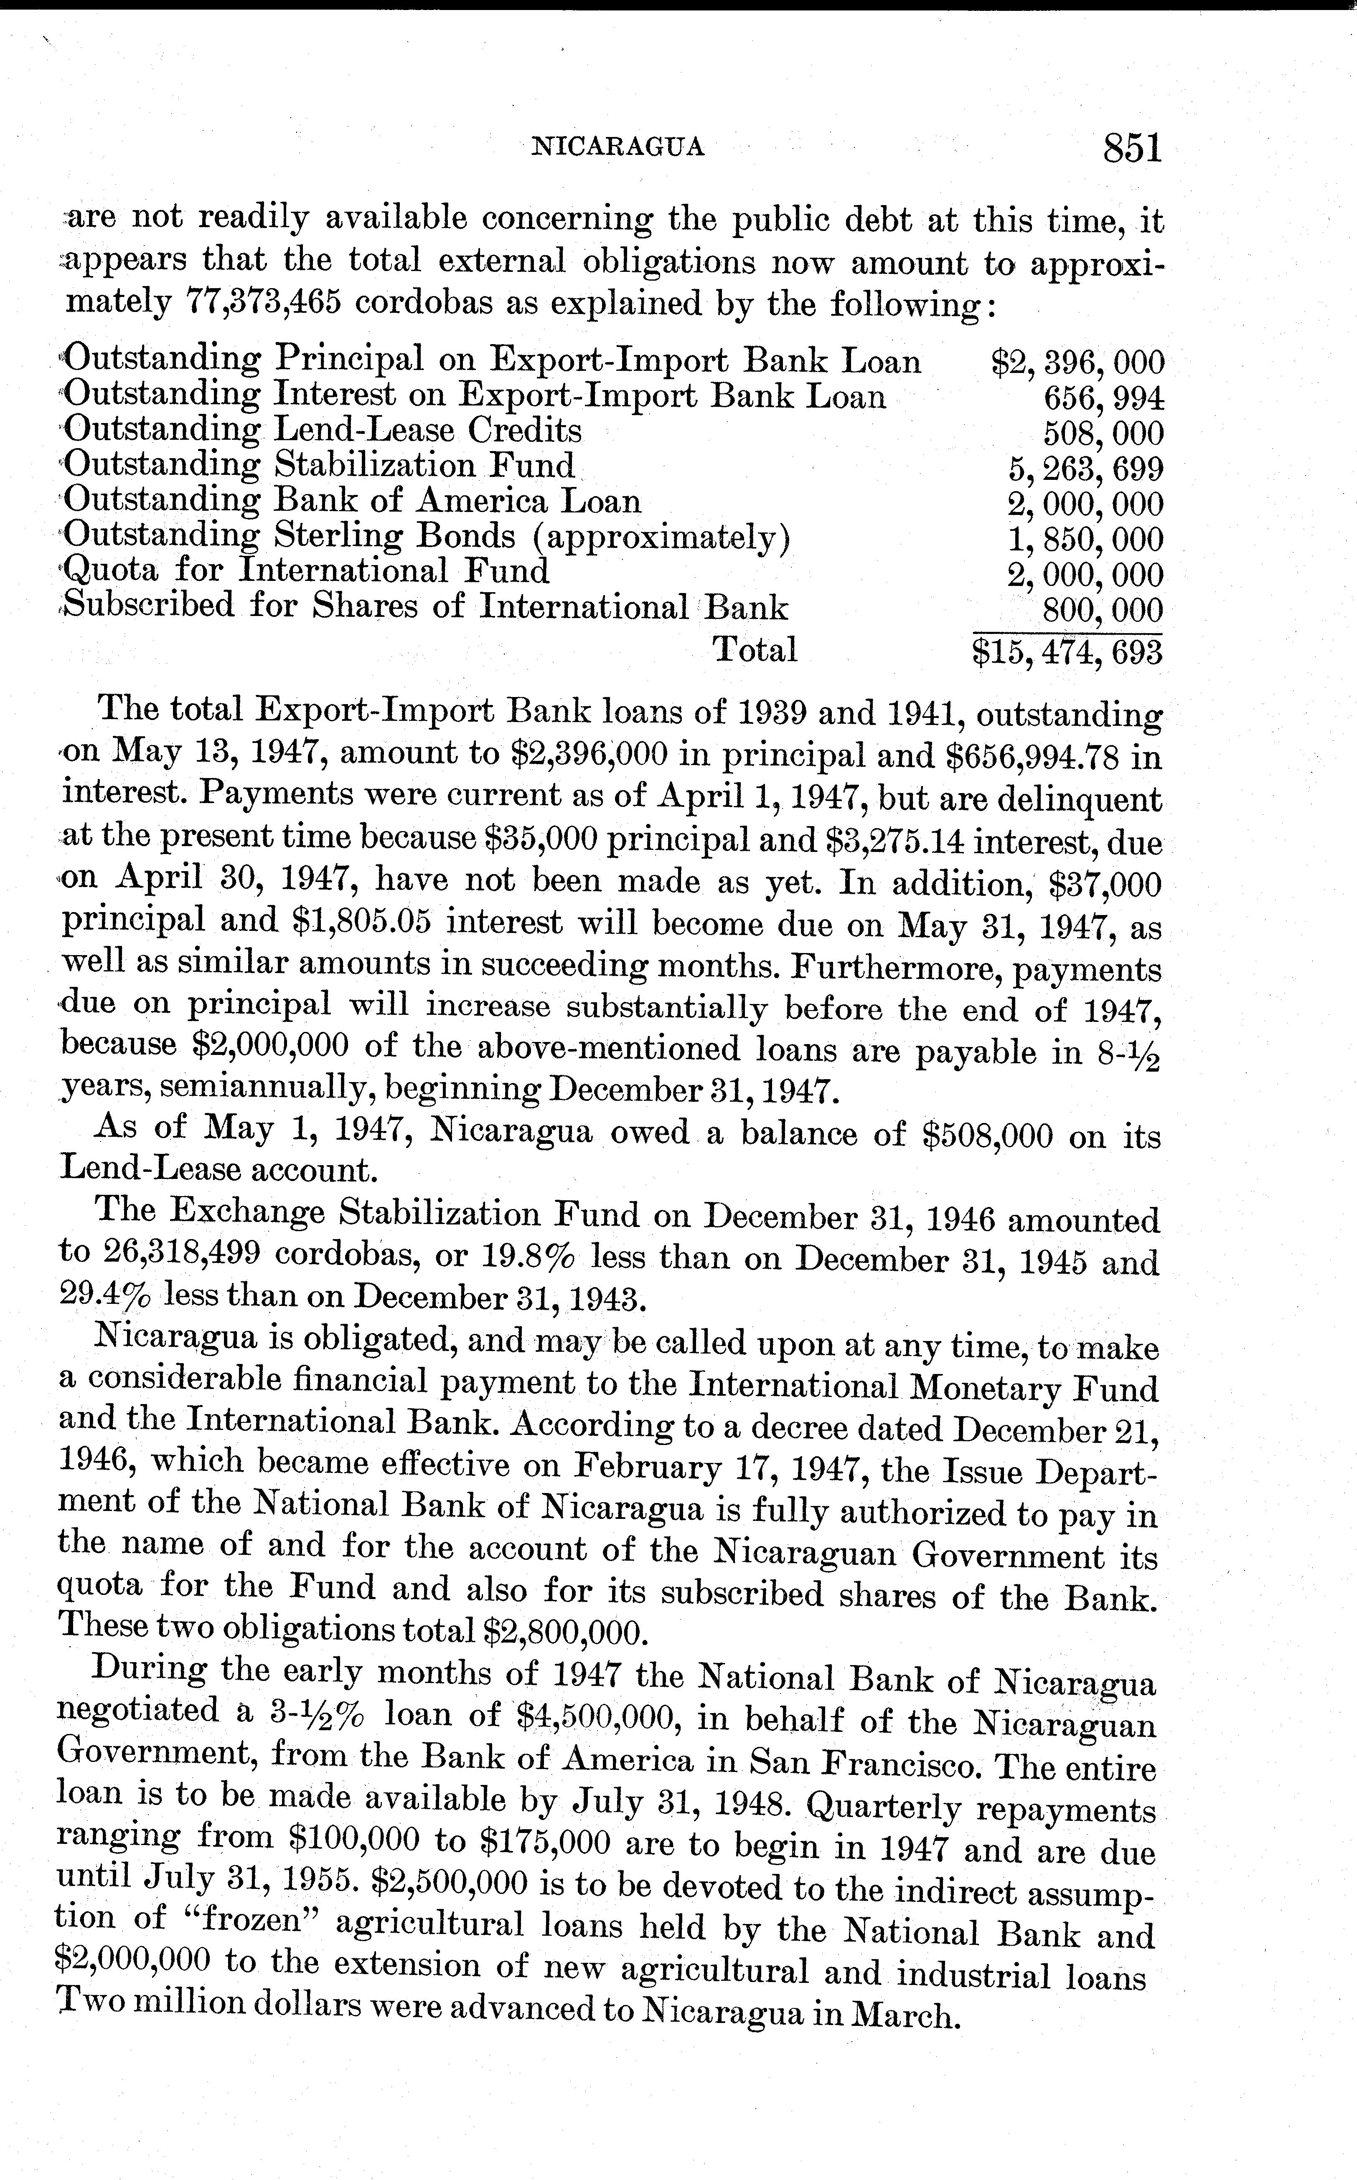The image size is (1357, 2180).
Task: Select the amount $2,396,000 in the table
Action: [1077, 362]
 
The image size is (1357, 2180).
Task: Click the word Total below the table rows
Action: [754, 649]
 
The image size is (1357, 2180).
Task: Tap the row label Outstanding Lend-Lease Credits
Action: [323, 431]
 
